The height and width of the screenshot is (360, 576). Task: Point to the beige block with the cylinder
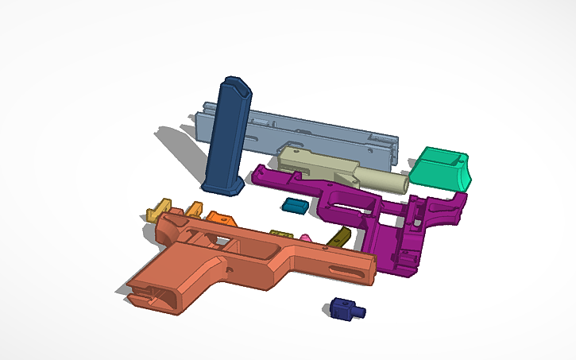318,163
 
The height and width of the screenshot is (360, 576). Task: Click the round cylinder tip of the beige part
400,183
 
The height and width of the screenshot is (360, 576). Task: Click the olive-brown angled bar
339,237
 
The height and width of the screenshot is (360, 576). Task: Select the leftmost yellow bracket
159,211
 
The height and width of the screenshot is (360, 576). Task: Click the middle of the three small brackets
193,211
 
